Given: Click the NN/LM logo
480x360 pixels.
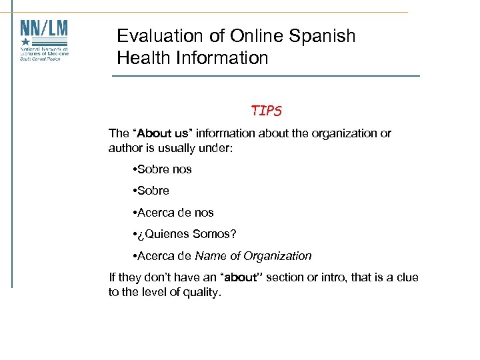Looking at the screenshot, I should click(x=44, y=39).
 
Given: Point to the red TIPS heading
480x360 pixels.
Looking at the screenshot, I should click(x=267, y=111).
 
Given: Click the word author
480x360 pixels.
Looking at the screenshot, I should click(x=126, y=148).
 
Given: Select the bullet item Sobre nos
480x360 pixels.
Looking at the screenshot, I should click(x=163, y=169).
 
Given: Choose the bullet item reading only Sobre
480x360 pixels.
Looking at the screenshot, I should click(x=153, y=191).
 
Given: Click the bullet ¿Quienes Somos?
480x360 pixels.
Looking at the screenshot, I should click(x=186, y=234).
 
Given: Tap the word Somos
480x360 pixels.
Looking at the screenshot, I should click(x=214, y=234).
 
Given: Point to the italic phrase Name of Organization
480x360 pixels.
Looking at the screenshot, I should click(x=253, y=256).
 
